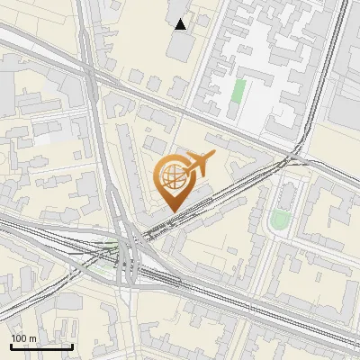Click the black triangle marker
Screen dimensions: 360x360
[181, 24]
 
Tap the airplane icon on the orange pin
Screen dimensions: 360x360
[197, 164]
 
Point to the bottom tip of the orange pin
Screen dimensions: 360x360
[172, 212]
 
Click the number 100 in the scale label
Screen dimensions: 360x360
[20, 338]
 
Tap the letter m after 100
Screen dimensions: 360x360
[34, 338]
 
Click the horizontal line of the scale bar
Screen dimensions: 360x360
[41, 346]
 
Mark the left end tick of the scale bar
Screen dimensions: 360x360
[11, 345]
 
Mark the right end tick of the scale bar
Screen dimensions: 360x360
[72, 345]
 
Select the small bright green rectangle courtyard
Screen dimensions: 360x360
[238, 92]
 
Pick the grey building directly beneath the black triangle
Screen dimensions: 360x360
[180, 45]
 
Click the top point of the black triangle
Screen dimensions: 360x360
[181, 19]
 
